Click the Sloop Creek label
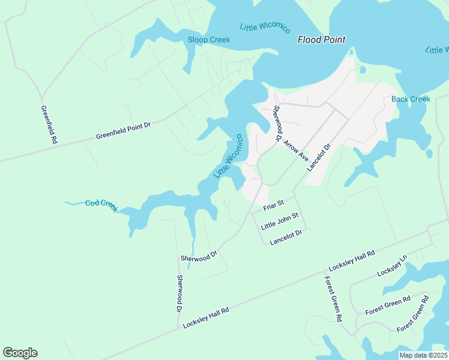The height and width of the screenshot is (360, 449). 208,40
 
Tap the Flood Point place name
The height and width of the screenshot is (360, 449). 322,40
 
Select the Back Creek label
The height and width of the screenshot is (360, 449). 411,99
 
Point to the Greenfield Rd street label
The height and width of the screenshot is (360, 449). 49,124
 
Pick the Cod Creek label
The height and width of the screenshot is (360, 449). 101,205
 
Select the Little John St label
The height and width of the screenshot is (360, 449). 280,222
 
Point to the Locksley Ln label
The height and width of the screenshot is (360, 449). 392,266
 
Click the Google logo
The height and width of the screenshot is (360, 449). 20,353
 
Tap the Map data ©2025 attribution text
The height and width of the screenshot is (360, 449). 423,355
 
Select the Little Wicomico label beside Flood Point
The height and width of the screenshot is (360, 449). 265,28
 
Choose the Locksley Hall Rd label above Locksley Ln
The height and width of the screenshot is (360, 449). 352,261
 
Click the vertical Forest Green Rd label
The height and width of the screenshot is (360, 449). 333,298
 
